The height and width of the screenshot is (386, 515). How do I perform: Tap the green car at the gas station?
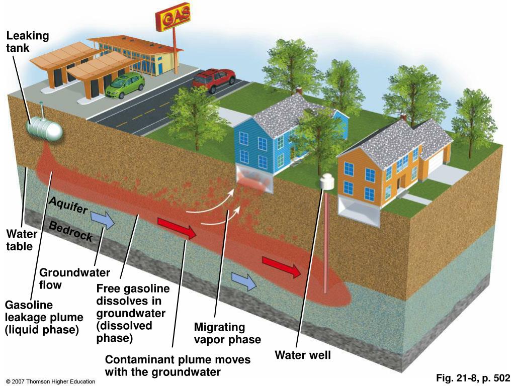tap(124, 85)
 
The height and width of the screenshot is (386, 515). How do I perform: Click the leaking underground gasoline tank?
tap(45, 128)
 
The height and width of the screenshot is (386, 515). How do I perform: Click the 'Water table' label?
tap(21, 240)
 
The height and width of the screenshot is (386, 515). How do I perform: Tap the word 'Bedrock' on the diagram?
tap(70, 230)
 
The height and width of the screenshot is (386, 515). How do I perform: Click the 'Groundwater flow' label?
tap(74, 278)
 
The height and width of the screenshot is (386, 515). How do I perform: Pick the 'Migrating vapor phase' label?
tap(227, 333)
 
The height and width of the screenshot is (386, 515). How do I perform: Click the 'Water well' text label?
tap(303, 355)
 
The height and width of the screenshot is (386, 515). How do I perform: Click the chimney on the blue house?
tap(299, 91)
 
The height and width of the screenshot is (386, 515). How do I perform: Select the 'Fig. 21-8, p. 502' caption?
tap(473, 378)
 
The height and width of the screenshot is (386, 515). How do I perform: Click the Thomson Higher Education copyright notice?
tap(50, 381)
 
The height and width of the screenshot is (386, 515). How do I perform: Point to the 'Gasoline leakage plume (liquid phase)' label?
tap(43, 317)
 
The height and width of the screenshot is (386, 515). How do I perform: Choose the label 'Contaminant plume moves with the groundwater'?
tap(178, 366)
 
